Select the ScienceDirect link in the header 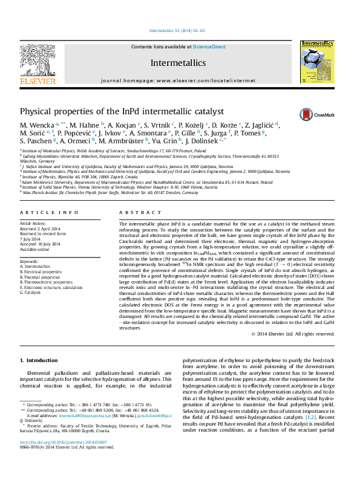pyautogui.click(x=209, y=47)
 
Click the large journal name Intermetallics pyautogui.click(x=178, y=63)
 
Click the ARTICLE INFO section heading pyautogui.click(x=49, y=213)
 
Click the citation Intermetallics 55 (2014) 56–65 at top pyautogui.click(x=177, y=30)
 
